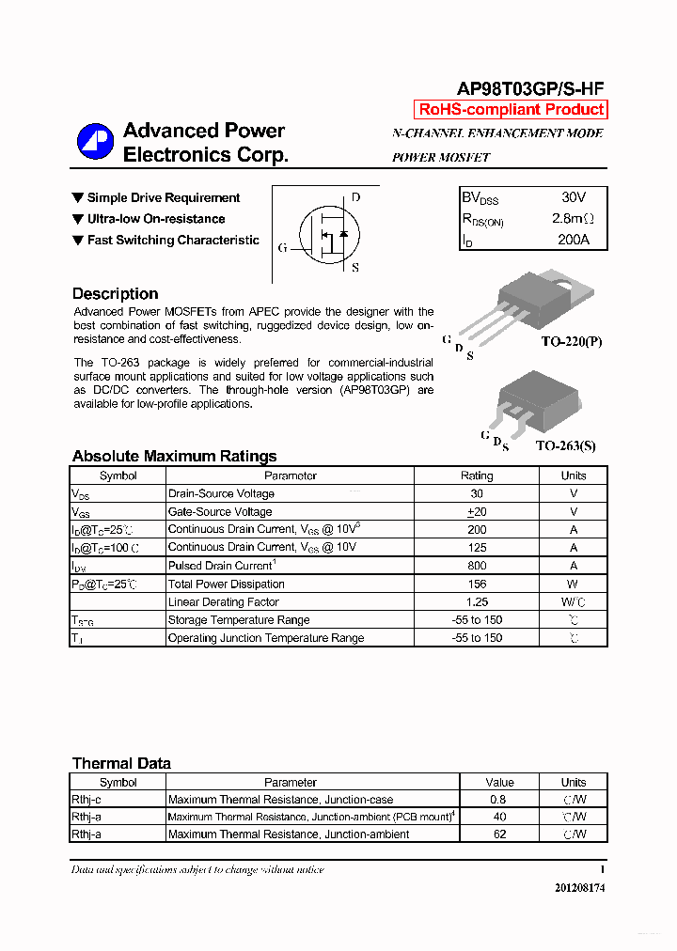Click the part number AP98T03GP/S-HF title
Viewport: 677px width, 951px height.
529,88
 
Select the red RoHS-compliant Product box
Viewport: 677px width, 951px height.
512,109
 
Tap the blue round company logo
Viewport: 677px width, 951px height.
95,142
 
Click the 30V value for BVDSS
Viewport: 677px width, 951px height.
573,197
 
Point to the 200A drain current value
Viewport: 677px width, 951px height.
573,240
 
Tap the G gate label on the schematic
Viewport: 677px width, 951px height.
282,248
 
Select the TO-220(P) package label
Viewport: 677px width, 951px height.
571,343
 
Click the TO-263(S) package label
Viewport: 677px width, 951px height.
565,446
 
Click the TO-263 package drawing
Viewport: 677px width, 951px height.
531,396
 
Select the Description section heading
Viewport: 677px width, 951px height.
115,293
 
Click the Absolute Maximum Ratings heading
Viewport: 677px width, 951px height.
174,456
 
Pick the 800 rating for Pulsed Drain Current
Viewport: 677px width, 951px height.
477,566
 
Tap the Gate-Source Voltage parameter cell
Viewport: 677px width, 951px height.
220,511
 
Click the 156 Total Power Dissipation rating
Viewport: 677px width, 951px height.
477,584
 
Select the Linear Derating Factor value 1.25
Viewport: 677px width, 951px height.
477,601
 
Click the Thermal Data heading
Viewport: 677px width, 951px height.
121,763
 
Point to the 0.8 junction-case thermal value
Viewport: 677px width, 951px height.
499,800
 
